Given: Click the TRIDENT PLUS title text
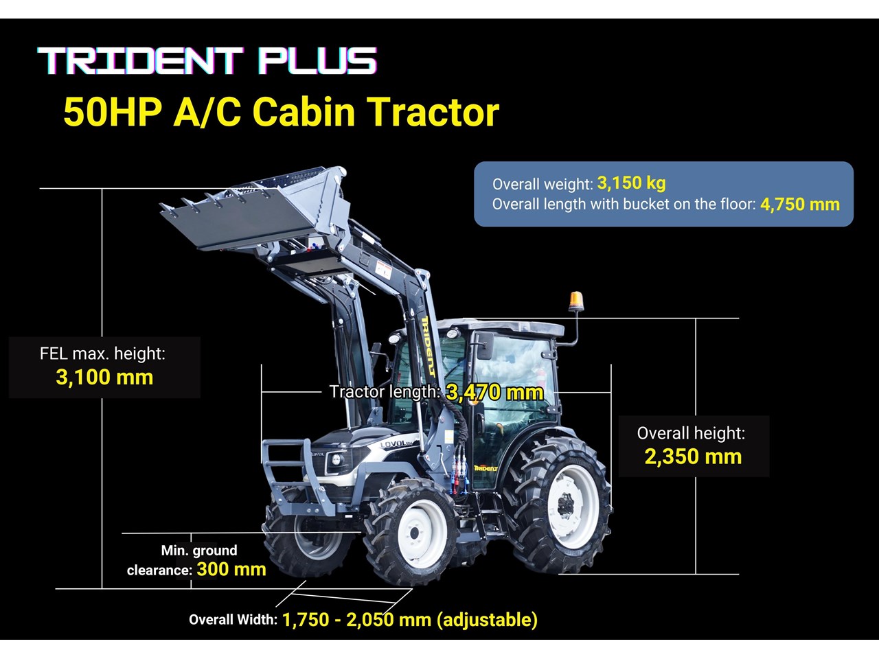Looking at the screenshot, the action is pos(207,61).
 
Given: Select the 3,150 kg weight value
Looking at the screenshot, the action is pos(631,183).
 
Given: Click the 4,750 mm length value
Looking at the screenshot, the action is pos(800,205).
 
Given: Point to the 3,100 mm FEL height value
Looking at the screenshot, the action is pos(104,377).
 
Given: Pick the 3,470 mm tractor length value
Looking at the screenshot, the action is pos(494,392).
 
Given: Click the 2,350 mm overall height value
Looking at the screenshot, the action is pos(693,456).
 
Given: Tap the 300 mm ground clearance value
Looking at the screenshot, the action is pos(231,569).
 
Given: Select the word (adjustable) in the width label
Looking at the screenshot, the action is pos(487,620).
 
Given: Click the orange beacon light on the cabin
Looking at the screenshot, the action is pos(576,301).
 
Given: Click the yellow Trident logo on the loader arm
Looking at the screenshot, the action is pos(429,346).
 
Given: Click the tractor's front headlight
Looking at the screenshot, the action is pos(337,460).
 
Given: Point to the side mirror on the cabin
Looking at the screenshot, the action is pos(486,346).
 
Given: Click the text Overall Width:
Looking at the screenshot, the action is pos(233,620).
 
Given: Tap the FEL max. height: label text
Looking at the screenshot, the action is pos(102,354).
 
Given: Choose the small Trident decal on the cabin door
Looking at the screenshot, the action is pos(486,467).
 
